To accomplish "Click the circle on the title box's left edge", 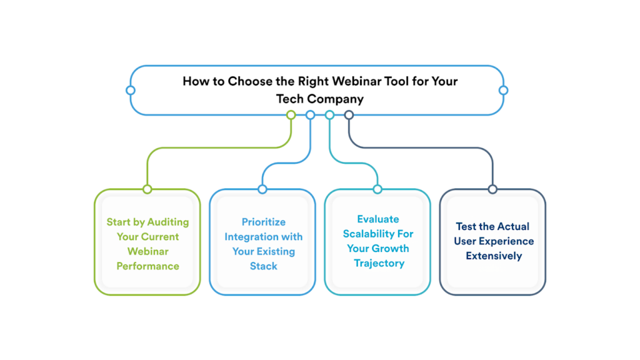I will click(x=130, y=90).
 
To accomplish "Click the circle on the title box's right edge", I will click(x=503, y=90).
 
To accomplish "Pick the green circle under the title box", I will click(x=291, y=115).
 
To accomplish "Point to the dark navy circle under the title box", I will click(x=349, y=115).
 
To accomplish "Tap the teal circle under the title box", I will click(x=329, y=115).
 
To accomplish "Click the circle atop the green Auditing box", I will click(x=147, y=189).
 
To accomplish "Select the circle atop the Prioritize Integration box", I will click(x=262, y=189).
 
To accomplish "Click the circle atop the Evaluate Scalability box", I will click(x=377, y=189).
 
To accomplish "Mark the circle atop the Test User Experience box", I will click(x=492, y=189).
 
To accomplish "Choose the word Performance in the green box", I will click(x=147, y=266).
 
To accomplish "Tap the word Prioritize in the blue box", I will click(x=263, y=222).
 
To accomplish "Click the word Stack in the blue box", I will click(x=263, y=266).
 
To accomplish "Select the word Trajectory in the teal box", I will click(x=379, y=263).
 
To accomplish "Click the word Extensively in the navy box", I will click(x=493, y=256).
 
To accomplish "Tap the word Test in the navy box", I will click(x=467, y=226).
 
